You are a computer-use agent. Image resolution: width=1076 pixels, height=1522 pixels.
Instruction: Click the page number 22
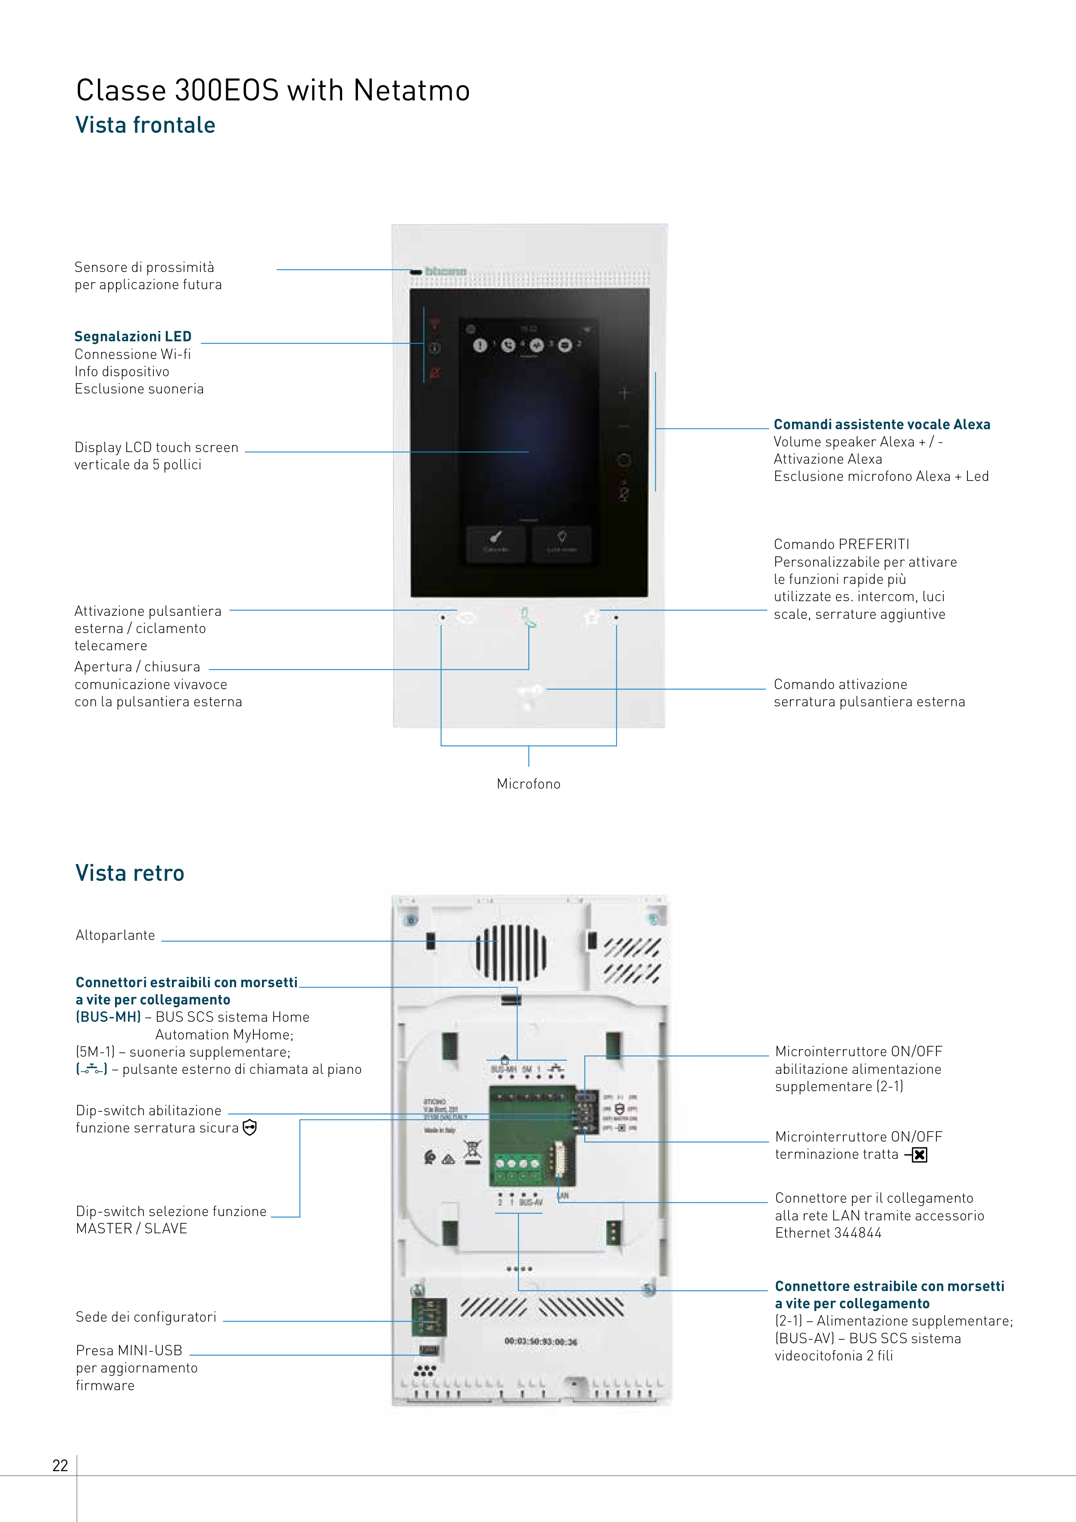(59, 1465)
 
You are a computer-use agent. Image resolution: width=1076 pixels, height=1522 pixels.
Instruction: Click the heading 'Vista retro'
(130, 873)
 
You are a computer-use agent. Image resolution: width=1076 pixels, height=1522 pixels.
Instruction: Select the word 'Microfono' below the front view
(528, 783)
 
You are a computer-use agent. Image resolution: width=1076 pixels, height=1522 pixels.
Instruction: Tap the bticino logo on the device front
(446, 271)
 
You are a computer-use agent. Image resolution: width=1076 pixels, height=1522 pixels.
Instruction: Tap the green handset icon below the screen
(528, 618)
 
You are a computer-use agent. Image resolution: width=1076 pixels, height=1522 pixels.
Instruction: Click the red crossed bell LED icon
(434, 373)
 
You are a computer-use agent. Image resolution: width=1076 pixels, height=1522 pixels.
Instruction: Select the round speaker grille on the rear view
(511, 953)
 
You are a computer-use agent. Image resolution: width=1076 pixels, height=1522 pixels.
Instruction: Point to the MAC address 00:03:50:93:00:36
(540, 1342)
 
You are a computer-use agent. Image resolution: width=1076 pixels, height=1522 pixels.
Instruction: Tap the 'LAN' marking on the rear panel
(563, 1195)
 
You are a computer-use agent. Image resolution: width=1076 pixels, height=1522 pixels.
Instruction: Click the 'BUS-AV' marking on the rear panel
(531, 1202)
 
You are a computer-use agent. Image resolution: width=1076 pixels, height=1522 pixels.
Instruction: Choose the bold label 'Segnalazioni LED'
(133, 337)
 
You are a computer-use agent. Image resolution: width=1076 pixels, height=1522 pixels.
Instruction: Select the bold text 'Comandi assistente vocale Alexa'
(882, 424)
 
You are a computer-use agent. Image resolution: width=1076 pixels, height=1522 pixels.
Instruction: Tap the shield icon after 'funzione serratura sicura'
(249, 1128)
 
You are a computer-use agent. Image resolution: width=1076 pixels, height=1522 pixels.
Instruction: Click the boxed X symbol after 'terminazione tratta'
(919, 1155)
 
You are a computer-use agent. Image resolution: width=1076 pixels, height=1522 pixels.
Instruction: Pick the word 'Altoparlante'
(115, 936)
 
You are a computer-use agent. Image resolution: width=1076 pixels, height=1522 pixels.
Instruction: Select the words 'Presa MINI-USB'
(128, 1350)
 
